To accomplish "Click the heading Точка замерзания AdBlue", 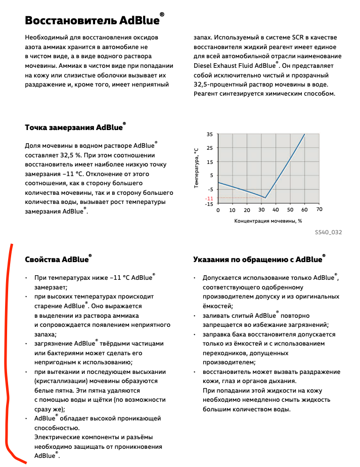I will [75, 128].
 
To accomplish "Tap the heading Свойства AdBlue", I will [58, 260].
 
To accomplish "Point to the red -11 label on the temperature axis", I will [209, 198].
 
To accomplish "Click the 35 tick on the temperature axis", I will [210, 135].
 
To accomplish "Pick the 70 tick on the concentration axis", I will [319, 209].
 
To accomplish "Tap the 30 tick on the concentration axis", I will [261, 209].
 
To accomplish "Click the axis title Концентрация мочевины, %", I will [268, 221].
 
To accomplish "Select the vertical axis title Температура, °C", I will [196, 168].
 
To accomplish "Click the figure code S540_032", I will [328, 232].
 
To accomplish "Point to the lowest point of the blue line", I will [265, 198].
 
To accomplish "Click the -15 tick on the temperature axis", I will [209, 204].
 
